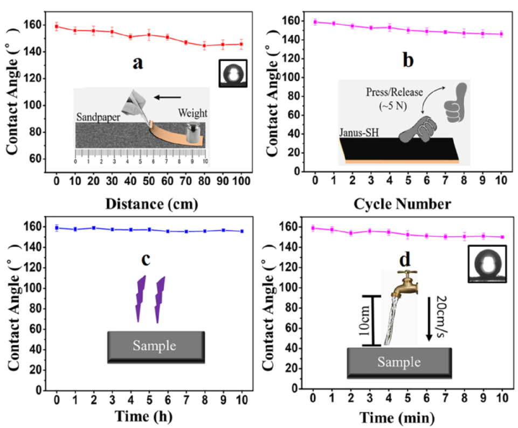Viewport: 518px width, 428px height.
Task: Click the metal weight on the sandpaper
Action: (192, 132)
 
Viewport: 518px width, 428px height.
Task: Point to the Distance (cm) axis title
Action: (136, 204)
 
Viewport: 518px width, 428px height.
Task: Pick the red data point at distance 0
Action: (57, 26)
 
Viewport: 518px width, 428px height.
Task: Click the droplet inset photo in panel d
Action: (487, 264)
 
